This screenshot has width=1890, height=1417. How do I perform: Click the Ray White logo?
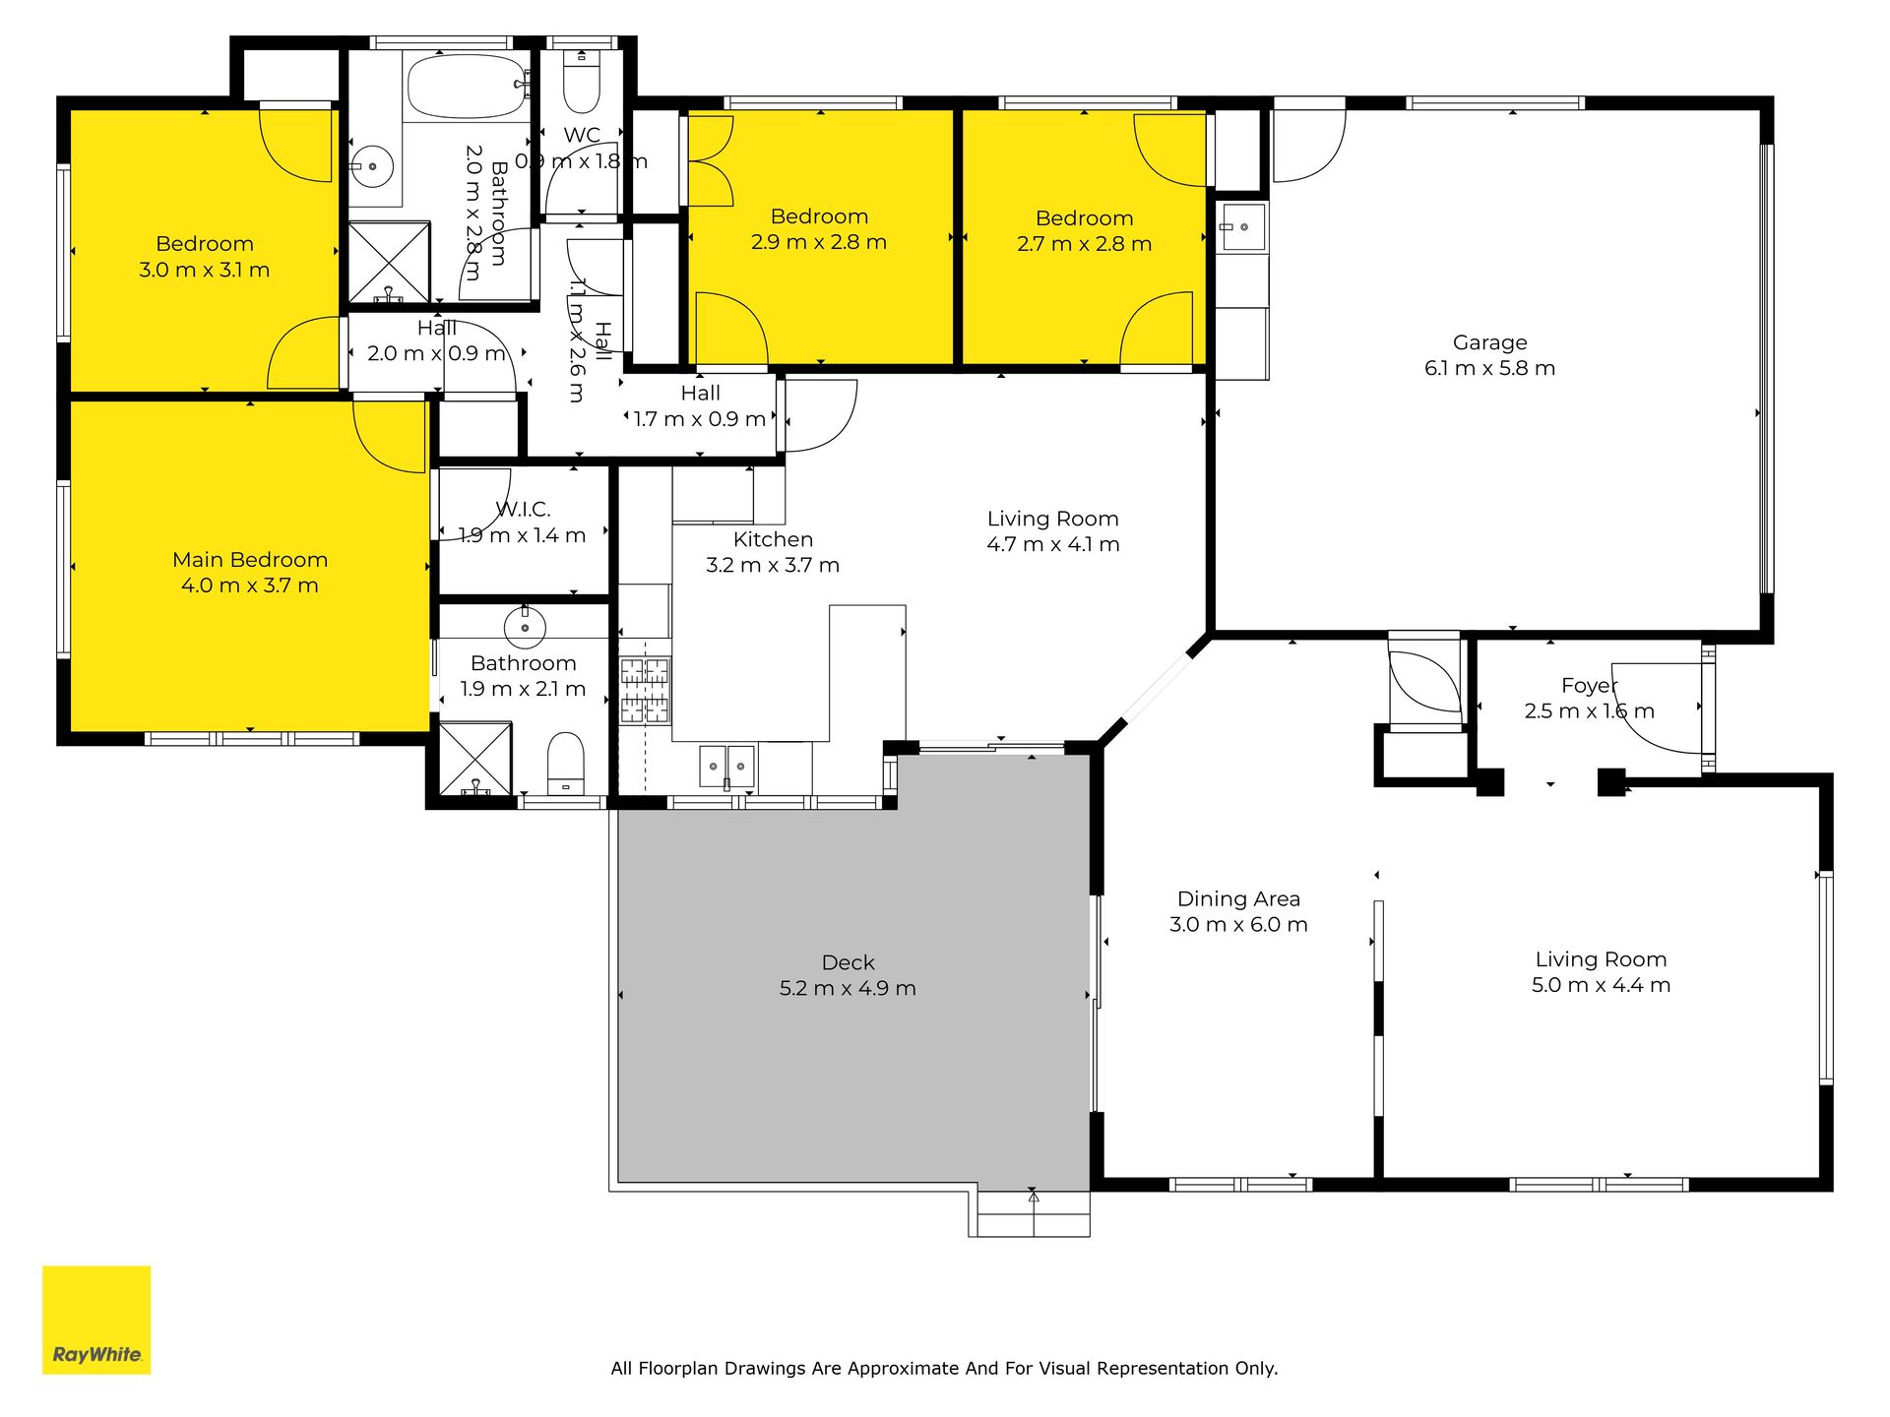(x=96, y=1320)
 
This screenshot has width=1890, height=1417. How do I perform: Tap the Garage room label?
(x=1489, y=342)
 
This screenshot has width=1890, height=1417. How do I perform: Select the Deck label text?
(x=848, y=962)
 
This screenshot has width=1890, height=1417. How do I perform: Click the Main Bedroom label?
(x=250, y=560)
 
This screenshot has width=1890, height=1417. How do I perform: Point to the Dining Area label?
(x=1238, y=899)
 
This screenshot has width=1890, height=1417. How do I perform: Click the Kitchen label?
(x=773, y=539)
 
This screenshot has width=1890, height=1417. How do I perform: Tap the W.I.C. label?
(x=523, y=510)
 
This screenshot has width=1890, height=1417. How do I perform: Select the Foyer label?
(x=1589, y=686)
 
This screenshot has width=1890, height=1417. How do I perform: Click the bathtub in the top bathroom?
(x=468, y=87)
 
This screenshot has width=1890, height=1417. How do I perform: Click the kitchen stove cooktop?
(x=645, y=691)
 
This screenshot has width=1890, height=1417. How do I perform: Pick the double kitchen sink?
(x=726, y=766)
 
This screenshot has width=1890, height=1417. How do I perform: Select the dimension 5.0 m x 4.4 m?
(x=1601, y=985)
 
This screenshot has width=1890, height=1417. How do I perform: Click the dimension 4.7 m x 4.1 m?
(x=1053, y=544)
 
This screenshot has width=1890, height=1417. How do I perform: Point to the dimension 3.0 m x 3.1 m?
(x=205, y=270)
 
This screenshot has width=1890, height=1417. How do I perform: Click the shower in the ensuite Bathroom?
(x=475, y=759)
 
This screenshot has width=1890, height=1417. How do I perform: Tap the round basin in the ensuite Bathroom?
(x=525, y=626)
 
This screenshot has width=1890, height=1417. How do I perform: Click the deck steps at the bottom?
(x=1029, y=1214)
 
